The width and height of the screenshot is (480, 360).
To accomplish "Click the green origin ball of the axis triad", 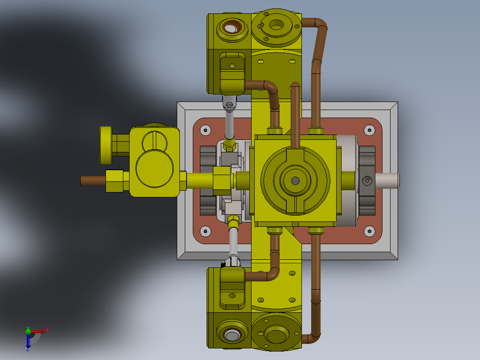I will pos(28,331).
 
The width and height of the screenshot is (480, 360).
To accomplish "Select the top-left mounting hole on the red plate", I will pos(205,130).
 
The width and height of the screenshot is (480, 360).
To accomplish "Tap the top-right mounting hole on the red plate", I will pos(369,130).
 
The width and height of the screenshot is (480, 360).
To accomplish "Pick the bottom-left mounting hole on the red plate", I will pos(205,231).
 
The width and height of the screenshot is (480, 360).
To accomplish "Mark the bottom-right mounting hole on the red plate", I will pos(369,231).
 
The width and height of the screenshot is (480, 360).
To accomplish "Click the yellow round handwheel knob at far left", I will pos(106,144).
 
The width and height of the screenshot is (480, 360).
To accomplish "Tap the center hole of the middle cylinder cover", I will pos(295,180).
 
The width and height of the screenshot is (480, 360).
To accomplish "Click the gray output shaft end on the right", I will pos(387,180).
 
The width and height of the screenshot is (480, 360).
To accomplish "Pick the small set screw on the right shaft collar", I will pos(367,180).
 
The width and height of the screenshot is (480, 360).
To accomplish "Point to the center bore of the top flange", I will pos(276,25).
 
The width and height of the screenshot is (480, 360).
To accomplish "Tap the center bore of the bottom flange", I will pos(276,335).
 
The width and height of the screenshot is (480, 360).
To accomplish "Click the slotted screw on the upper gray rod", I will pos(229,106).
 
